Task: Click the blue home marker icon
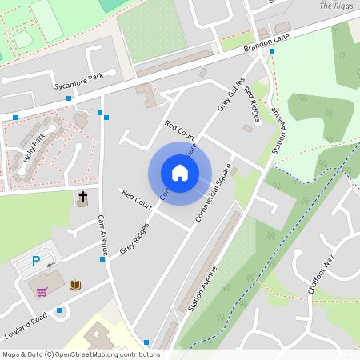(x=180, y=172)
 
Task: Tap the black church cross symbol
(x=82, y=196)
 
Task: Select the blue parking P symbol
(x=36, y=261)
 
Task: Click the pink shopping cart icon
(x=42, y=291)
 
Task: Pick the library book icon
(x=75, y=285)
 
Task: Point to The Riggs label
(x=336, y=6)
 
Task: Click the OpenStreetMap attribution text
(x=81, y=354)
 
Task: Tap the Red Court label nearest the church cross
(x=136, y=198)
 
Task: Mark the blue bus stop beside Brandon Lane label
(x=272, y=51)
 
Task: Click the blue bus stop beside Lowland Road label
(x=59, y=310)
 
